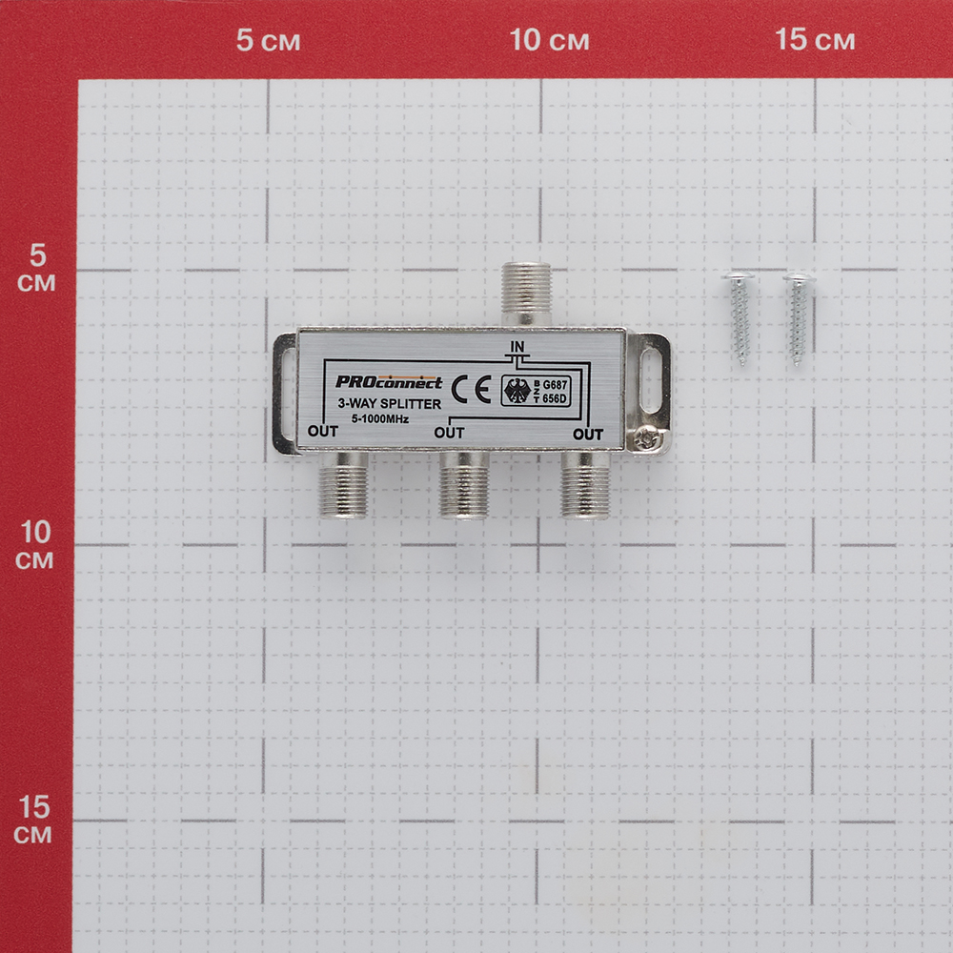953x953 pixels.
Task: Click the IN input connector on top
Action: point(526,294)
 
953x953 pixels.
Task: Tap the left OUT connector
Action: point(344,484)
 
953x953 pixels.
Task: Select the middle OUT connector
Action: point(464,484)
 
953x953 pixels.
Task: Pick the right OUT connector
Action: point(585,484)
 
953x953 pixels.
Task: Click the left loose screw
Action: point(740,319)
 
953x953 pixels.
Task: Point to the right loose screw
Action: point(798,319)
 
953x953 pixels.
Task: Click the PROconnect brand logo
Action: point(389,382)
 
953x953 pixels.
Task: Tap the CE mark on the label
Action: point(471,390)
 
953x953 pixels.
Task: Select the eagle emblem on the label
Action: point(517,391)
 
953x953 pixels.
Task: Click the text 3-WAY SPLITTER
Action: point(390,403)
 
